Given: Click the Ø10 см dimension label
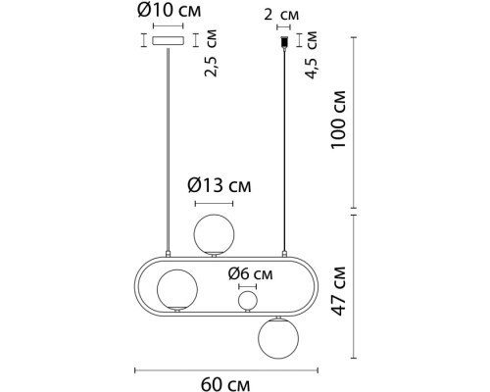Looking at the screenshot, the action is [x=170, y=10].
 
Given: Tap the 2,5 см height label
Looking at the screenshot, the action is [x=211, y=53].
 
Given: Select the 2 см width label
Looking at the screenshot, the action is [x=281, y=15].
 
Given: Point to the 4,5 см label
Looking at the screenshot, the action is [x=311, y=55].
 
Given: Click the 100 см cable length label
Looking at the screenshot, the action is [x=338, y=120].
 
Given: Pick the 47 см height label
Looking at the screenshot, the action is [x=338, y=291].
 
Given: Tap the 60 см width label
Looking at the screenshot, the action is [x=225, y=384].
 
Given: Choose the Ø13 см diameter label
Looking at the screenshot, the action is [x=220, y=185].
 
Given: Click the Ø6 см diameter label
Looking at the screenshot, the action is [x=250, y=273].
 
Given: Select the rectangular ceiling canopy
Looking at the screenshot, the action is [x=168, y=40].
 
